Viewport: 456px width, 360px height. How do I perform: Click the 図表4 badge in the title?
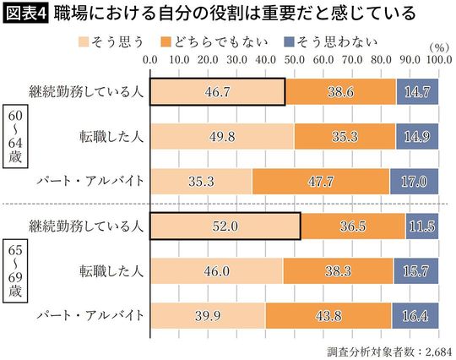coord(25,14)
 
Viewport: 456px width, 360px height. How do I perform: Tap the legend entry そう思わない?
coord(394,41)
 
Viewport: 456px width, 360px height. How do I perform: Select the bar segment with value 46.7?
coord(217,90)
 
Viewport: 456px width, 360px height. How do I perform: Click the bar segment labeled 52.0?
coord(225,226)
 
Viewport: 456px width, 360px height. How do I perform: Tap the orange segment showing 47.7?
coord(321,180)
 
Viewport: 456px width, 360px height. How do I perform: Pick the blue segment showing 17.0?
coord(415,180)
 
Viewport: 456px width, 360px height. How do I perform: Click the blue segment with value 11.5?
coord(422,226)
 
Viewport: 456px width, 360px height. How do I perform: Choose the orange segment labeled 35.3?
coord(345,135)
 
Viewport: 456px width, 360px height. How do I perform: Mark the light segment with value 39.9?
coord(208,316)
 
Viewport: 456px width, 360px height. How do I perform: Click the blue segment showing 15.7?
coord(416,271)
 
